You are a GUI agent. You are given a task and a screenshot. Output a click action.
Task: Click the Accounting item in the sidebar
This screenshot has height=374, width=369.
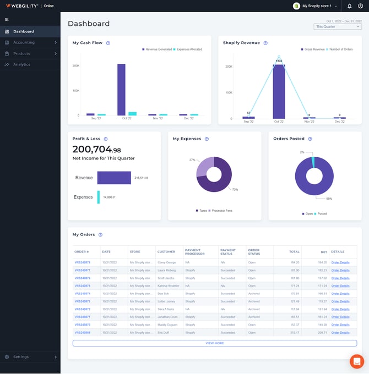(24, 42)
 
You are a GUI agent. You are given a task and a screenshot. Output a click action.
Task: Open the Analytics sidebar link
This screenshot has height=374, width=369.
(21, 64)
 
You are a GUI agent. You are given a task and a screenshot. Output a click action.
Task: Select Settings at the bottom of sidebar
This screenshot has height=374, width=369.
(21, 357)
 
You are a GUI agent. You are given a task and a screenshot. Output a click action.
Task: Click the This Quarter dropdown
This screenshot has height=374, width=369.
(338, 26)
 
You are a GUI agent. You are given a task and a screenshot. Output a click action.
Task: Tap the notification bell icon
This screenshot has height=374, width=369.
(349, 6)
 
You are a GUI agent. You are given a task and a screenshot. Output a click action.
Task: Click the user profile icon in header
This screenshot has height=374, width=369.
(360, 6)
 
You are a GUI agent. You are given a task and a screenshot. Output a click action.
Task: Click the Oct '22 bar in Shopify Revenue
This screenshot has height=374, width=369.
(279, 91)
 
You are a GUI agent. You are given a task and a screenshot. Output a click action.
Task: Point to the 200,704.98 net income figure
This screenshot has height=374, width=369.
(97, 150)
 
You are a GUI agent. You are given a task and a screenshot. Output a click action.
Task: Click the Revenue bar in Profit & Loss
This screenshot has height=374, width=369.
(114, 178)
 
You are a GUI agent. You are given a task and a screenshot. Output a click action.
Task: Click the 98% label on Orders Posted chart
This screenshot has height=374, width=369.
(329, 199)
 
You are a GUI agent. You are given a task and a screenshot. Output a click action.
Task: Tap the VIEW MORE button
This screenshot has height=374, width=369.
(214, 343)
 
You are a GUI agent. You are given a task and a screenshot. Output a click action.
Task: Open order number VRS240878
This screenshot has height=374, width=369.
(82, 262)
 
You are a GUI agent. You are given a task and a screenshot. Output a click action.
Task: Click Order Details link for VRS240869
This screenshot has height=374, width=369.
(340, 332)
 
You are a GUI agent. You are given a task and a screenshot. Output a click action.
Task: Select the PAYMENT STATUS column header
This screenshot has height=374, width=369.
(228, 252)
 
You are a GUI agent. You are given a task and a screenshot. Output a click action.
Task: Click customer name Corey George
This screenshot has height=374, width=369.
(167, 262)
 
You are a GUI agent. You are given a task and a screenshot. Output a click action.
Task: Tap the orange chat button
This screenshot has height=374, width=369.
(357, 361)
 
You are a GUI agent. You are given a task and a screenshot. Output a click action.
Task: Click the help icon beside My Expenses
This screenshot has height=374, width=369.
(207, 139)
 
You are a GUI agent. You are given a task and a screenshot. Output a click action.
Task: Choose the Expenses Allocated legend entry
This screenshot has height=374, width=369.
(187, 50)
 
